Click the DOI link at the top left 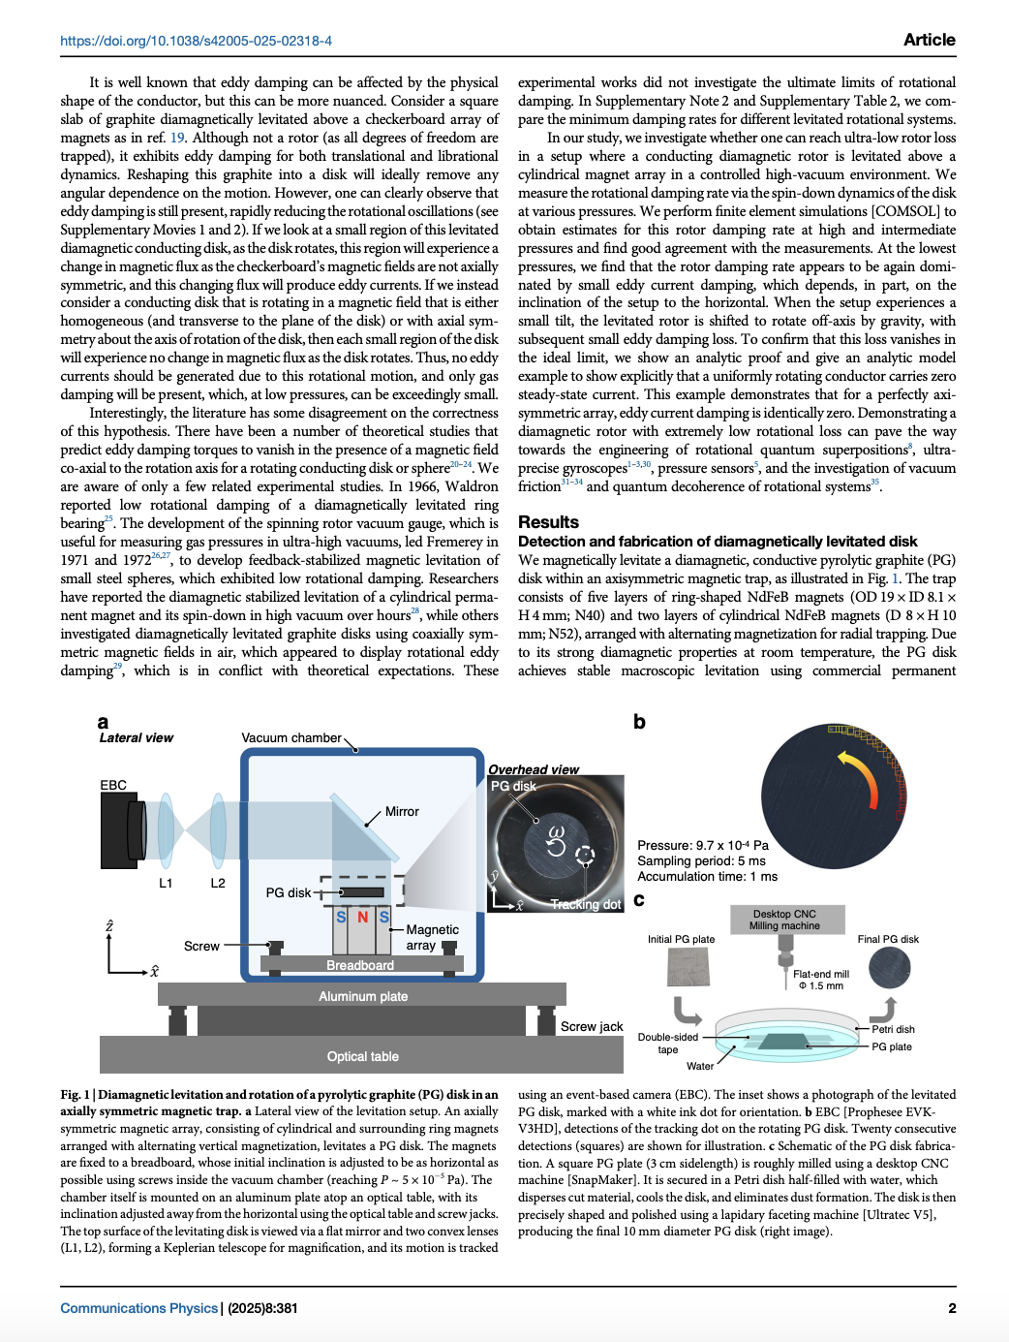(x=196, y=41)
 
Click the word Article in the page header (x=929, y=40)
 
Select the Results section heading (x=548, y=522)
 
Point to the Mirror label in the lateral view (x=402, y=812)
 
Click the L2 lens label (x=218, y=883)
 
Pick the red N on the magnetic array (x=363, y=917)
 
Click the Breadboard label (x=360, y=965)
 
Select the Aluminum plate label (x=363, y=996)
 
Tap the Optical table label (x=362, y=1056)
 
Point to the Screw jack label (x=592, y=1026)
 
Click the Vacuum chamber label (x=291, y=737)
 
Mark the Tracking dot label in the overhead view (x=586, y=904)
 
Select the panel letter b (x=639, y=722)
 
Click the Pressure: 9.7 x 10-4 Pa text (x=703, y=845)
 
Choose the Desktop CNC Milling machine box (x=784, y=920)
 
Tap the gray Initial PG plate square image (x=688, y=967)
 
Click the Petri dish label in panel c (x=893, y=1029)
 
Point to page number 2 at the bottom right (x=952, y=1308)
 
